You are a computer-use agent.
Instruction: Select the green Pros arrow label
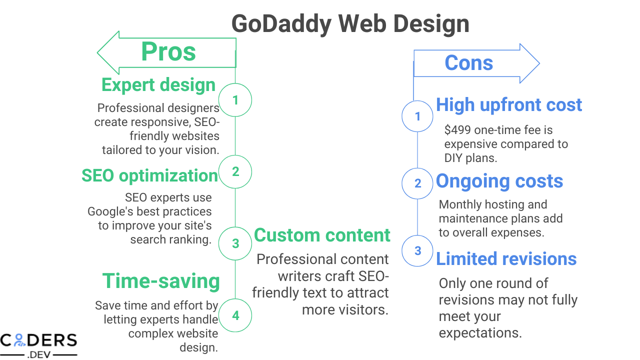[x=168, y=51]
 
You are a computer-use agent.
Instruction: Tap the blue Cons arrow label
[x=468, y=63]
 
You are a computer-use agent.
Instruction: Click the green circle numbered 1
[x=235, y=100]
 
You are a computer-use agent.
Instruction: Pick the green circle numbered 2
[x=235, y=172]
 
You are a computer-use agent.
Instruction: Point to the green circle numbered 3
[x=235, y=243]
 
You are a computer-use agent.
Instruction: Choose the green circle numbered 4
[x=235, y=315]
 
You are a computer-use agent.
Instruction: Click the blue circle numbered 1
[x=418, y=116]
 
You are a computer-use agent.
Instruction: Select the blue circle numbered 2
[x=418, y=183]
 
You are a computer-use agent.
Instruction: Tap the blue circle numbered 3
[x=418, y=250]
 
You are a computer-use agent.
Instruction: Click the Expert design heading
[x=158, y=84]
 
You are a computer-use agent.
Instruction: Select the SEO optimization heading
[x=150, y=175]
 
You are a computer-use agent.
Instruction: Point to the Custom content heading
[x=322, y=235]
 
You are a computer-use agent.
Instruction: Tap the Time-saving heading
[x=161, y=281]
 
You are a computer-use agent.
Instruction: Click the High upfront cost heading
[x=509, y=104]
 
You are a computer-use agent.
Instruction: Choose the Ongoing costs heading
[x=499, y=181]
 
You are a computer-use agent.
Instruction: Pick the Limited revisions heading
[x=506, y=258]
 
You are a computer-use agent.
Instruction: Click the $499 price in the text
[x=457, y=130]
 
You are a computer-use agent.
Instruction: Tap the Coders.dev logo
[x=38, y=344]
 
